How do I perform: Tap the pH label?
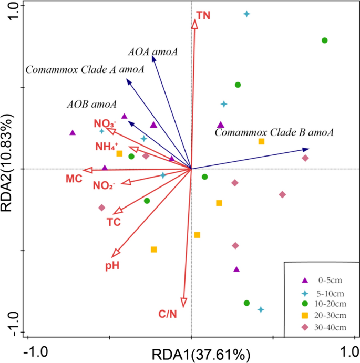[x=112, y=266]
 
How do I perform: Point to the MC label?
[x=74, y=179]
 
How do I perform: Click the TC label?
[x=114, y=222]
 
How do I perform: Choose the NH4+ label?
[x=107, y=147]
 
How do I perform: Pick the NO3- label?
[x=105, y=124]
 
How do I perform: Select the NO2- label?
[x=104, y=185]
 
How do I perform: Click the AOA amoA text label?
[x=152, y=51]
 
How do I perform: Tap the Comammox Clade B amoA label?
[x=274, y=133]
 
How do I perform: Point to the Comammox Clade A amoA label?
[x=85, y=70]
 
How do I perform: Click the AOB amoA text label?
[x=91, y=104]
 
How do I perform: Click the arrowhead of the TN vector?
[x=194, y=25]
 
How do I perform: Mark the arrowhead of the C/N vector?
[x=183, y=302]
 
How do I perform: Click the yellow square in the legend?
[x=304, y=316]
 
